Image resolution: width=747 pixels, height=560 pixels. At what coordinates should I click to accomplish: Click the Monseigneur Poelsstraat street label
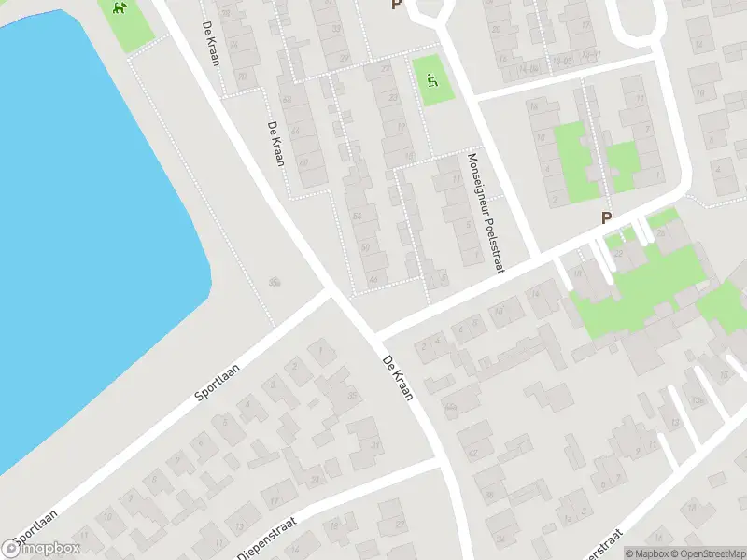pyautogui.click(x=486, y=213)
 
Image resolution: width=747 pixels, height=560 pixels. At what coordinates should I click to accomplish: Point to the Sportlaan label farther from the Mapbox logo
pyautogui.click(x=218, y=382)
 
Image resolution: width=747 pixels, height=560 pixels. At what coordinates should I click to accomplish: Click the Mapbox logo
pyautogui.click(x=41, y=549)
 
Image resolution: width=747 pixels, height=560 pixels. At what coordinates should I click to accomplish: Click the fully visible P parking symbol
pyautogui.click(x=606, y=218)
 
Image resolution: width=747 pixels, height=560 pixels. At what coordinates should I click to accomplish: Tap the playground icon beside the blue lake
pyautogui.click(x=120, y=9)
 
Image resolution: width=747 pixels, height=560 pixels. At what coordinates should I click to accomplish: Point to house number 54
pyautogui.click(x=357, y=217)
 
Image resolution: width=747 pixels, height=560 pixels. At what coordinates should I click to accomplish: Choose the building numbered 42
pyautogui.click(x=472, y=454)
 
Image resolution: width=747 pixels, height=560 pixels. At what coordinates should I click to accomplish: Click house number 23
pyautogui.click(x=393, y=97)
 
